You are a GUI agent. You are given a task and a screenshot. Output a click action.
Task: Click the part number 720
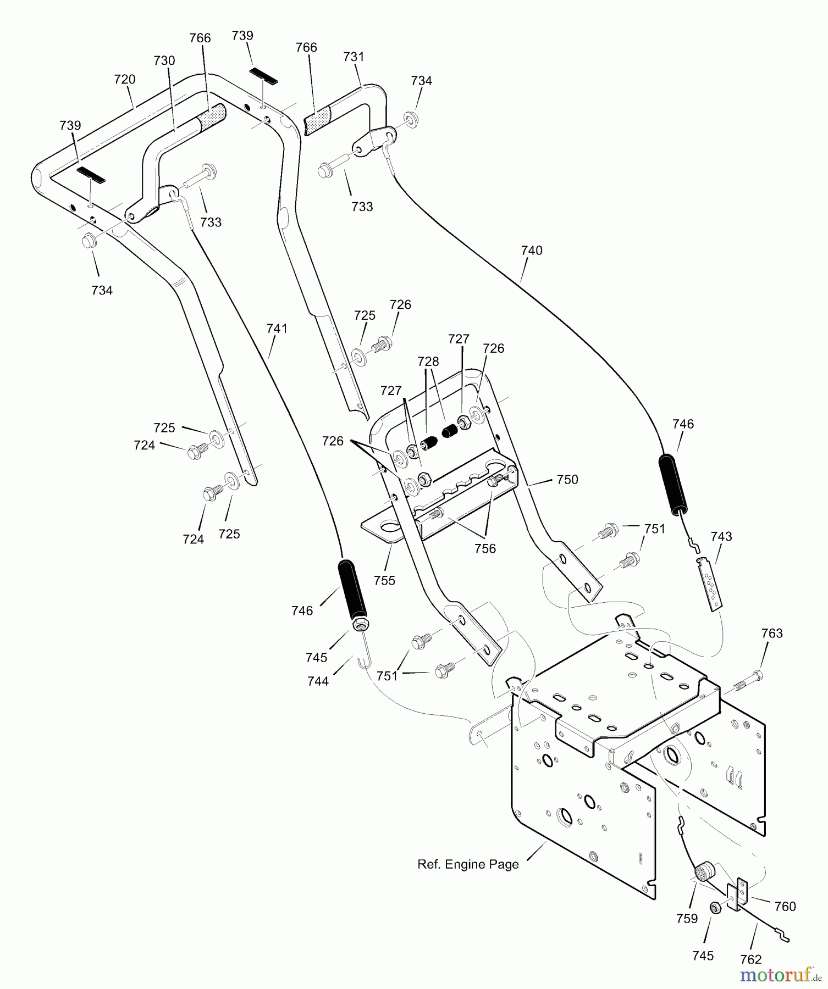(x=125, y=80)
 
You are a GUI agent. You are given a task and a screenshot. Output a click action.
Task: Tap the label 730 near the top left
(x=164, y=61)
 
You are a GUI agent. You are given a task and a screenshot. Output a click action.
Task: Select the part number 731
(x=354, y=57)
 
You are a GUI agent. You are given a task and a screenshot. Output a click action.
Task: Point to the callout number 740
(x=532, y=251)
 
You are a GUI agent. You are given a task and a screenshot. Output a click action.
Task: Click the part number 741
(x=277, y=329)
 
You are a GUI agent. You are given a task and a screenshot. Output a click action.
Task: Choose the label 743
(x=721, y=536)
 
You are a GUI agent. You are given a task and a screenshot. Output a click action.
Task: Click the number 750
(x=567, y=480)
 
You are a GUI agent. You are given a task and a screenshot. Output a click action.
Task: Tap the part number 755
(x=384, y=580)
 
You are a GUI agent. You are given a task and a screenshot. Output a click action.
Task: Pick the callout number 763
(x=772, y=634)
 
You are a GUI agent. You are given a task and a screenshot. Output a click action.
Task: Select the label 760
(x=785, y=907)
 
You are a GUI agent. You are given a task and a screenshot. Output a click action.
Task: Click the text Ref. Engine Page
(x=468, y=864)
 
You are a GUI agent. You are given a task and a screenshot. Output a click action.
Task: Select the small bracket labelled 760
(x=738, y=894)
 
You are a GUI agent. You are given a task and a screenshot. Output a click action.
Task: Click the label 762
(x=751, y=959)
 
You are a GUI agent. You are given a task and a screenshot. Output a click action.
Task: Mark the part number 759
(x=687, y=919)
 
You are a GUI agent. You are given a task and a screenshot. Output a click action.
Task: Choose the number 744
(x=318, y=681)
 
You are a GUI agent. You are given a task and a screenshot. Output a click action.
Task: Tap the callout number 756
(x=485, y=548)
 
